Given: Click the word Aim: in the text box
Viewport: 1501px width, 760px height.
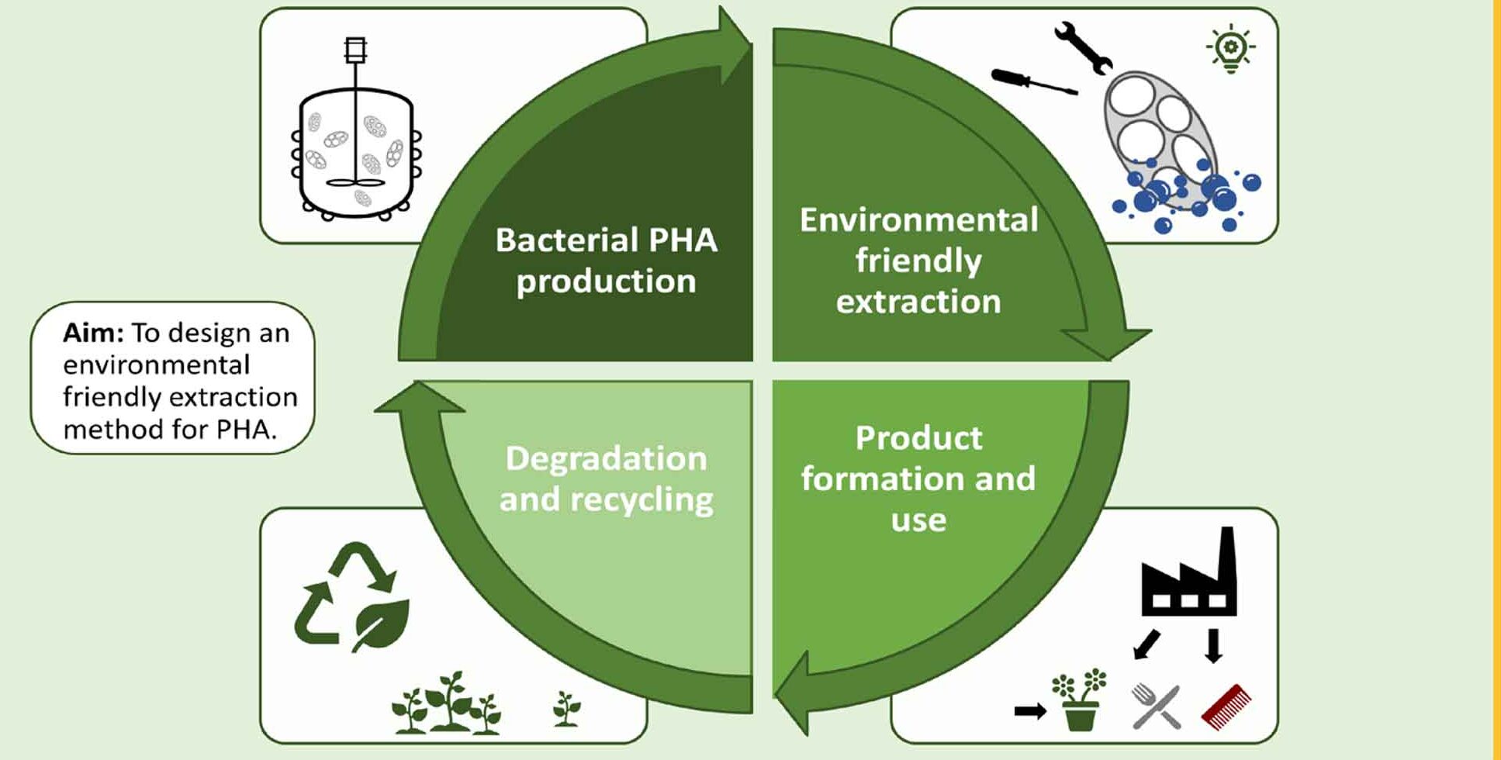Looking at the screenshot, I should pyautogui.click(x=93, y=333).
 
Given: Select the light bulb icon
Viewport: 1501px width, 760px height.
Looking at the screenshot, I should pyautogui.click(x=1230, y=48).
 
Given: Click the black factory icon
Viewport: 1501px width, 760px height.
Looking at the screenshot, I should pyautogui.click(x=1189, y=578).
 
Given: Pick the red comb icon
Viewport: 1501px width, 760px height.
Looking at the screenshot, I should pyautogui.click(x=1226, y=706).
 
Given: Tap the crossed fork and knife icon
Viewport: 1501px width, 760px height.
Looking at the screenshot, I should pyautogui.click(x=1156, y=706).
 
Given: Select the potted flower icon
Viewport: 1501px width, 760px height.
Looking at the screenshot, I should pyautogui.click(x=1080, y=700).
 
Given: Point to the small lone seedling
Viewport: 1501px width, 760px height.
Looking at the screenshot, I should pyautogui.click(x=566, y=708).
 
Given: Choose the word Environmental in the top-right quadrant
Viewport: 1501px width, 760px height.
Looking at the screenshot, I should pyautogui.click(x=918, y=220).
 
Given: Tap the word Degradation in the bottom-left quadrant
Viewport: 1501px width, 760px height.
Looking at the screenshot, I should pyautogui.click(x=606, y=458).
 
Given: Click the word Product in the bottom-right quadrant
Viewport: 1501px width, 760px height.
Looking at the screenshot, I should pyautogui.click(x=918, y=438).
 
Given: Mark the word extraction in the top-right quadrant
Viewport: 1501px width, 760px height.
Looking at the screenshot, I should pyautogui.click(x=918, y=302).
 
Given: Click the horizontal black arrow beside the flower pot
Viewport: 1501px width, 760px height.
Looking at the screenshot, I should pyautogui.click(x=1030, y=710).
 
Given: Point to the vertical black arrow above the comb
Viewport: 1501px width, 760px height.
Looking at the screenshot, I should pyautogui.click(x=1214, y=645).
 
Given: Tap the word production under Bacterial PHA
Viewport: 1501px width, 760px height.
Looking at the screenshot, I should pyautogui.click(x=606, y=282).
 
